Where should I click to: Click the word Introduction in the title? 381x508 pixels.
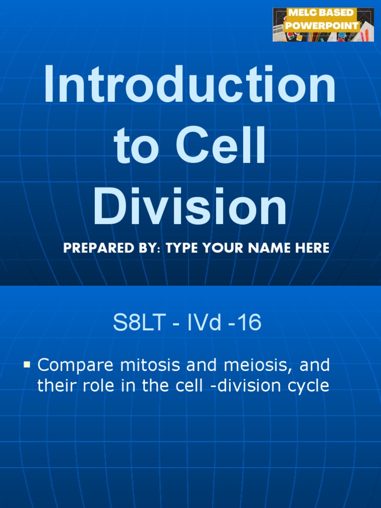pos(190,84)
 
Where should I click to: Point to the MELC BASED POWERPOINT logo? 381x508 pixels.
pos(323,24)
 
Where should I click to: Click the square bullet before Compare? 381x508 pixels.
pos(27,365)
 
